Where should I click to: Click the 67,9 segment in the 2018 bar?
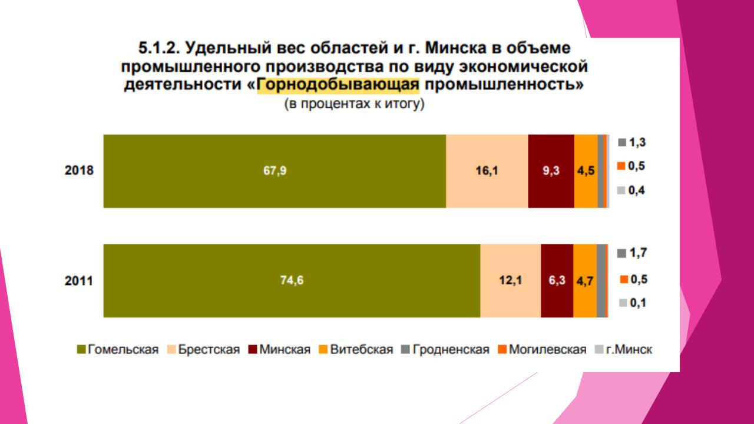(x=275, y=171)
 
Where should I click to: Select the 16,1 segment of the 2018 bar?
(x=487, y=171)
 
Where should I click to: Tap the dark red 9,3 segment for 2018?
(x=551, y=171)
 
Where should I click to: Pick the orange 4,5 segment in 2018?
(x=586, y=171)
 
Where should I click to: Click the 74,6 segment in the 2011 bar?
(x=292, y=280)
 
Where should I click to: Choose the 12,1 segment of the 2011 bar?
(x=510, y=280)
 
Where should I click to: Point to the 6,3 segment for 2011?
(x=557, y=280)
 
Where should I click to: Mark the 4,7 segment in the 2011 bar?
(x=584, y=280)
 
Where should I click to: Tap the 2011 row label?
(x=79, y=281)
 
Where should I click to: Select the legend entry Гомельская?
(x=118, y=350)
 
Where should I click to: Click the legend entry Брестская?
(x=204, y=350)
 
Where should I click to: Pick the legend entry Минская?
(x=279, y=350)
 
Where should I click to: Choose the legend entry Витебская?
(x=356, y=350)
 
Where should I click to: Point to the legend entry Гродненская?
(x=446, y=350)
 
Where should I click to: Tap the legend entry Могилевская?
(x=543, y=350)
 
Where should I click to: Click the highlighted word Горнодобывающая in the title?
(x=339, y=85)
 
